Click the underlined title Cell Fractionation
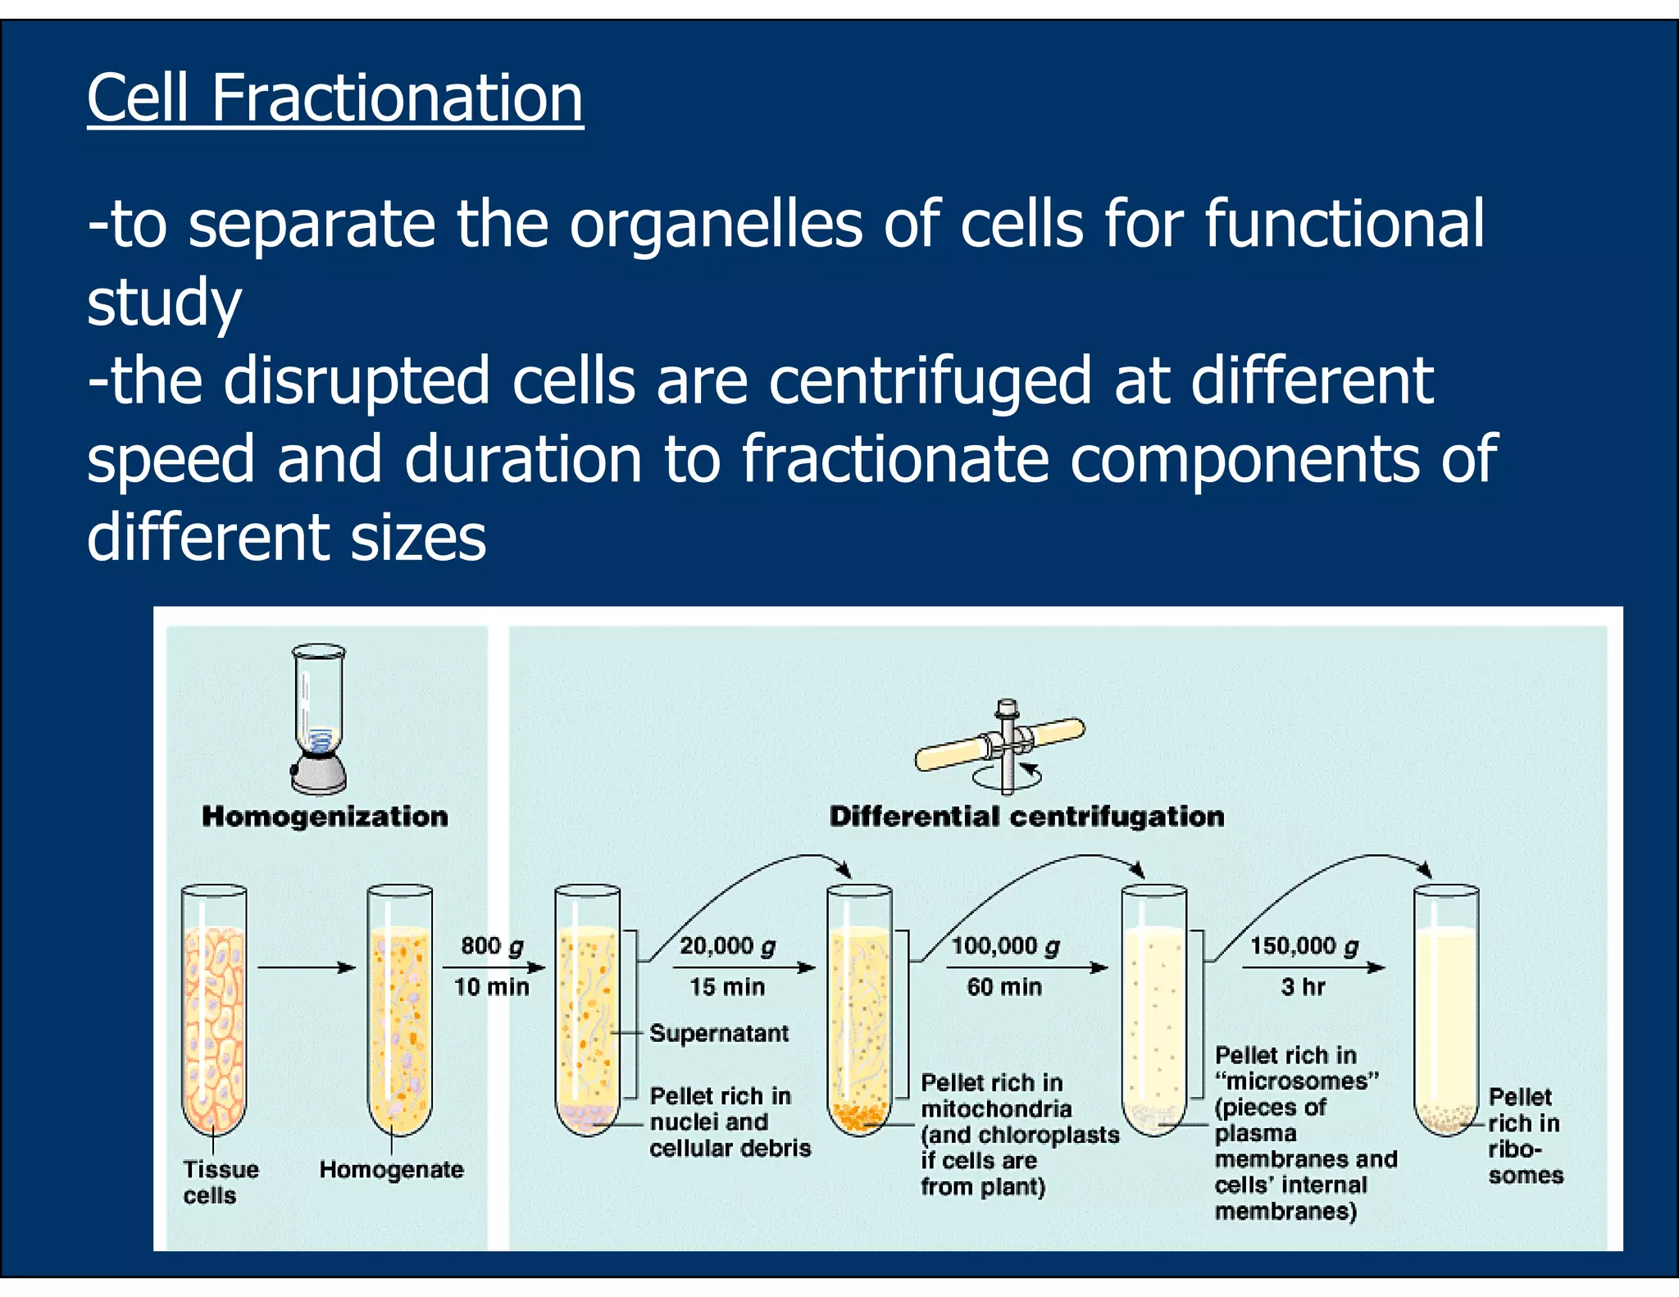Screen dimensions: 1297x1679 tap(334, 98)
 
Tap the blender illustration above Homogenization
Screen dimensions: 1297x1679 tap(319, 718)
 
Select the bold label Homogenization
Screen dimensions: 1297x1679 tap(325, 817)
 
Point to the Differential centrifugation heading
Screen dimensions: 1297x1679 tap(1026, 817)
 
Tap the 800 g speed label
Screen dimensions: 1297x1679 tap(492, 946)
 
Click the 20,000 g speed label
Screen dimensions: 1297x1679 tap(727, 946)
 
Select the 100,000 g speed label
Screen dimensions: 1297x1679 tap(1005, 946)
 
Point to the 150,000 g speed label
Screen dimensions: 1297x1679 tap(1304, 946)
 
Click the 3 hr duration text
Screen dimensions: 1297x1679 tap(1303, 986)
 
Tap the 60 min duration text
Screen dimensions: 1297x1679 tap(1004, 986)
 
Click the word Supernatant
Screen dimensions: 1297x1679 tap(719, 1033)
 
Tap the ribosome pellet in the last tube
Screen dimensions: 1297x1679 tap(1446, 1117)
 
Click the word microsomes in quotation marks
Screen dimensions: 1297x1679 tap(1297, 1081)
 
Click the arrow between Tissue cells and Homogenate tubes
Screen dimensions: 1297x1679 tap(307, 967)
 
